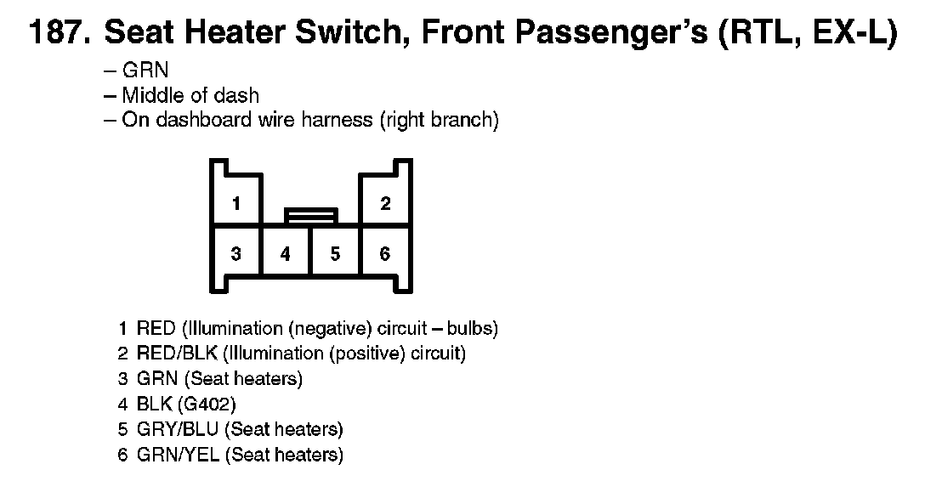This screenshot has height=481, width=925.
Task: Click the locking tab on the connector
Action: pos(311,216)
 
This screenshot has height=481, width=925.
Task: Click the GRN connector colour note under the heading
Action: pos(145,71)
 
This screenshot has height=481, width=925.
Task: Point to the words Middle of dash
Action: pos(190,95)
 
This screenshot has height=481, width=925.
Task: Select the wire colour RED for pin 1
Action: pos(156,328)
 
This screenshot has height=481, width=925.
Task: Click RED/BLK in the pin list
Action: pos(177,353)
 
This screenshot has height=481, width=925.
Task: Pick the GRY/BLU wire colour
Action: pos(177,429)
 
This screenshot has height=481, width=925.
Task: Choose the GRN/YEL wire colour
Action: pos(179,455)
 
